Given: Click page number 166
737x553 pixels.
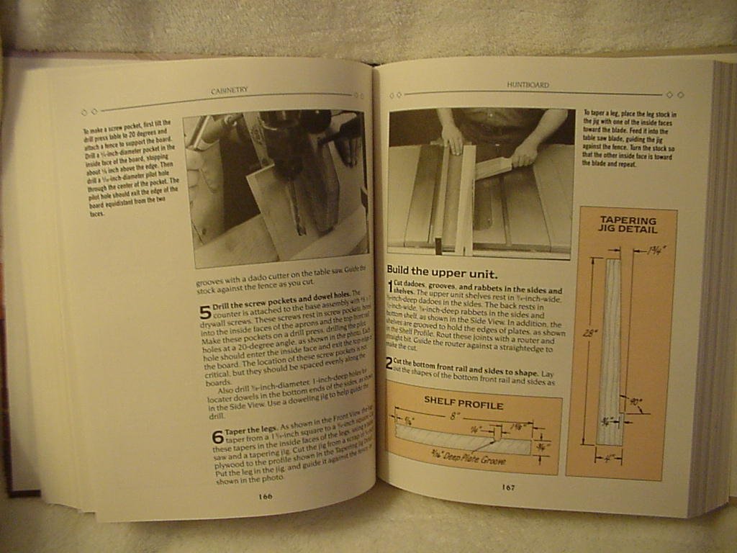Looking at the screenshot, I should click(x=265, y=496).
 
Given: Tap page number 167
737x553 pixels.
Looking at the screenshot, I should click(x=508, y=487).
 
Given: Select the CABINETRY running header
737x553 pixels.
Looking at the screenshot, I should click(x=229, y=90).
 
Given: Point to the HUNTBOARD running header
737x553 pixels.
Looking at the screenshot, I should click(x=528, y=85).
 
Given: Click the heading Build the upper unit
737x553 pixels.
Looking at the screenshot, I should click(x=442, y=273).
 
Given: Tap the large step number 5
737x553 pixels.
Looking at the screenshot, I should click(x=205, y=313).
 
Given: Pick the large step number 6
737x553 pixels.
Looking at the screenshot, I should click(x=217, y=437).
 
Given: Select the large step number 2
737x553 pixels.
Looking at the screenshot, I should click(x=389, y=364).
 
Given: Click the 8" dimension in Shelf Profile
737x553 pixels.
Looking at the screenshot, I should click(x=454, y=417).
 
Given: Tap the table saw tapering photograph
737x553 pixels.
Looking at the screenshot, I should click(x=480, y=183).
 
